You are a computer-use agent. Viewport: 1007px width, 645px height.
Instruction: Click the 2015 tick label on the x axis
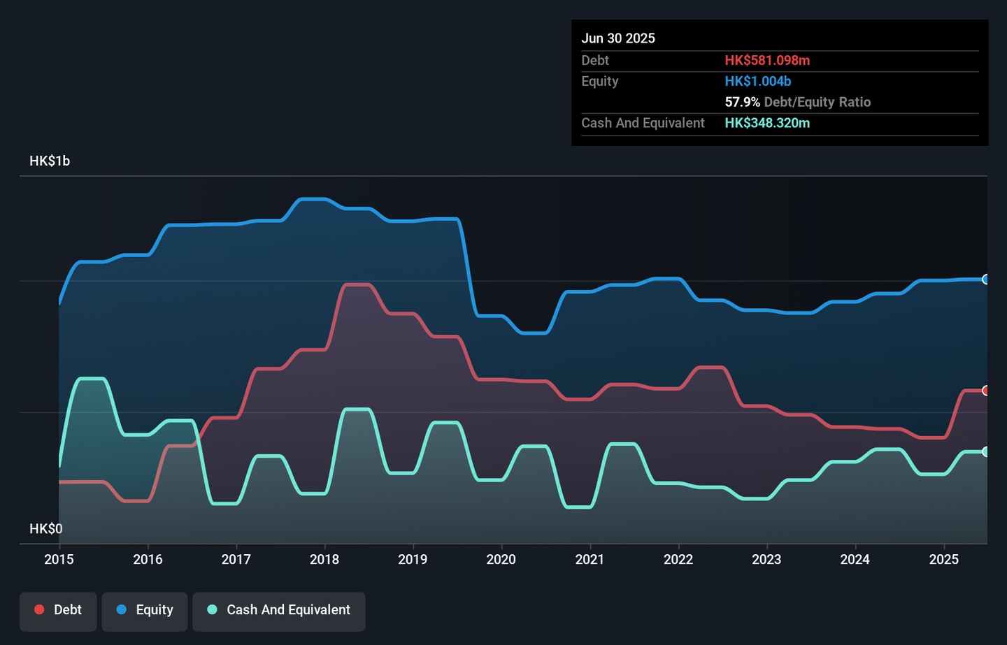click(x=59, y=559)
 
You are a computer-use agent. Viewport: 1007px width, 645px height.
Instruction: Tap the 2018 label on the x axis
click(x=324, y=559)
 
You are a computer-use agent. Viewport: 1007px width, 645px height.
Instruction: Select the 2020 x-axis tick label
click(x=501, y=559)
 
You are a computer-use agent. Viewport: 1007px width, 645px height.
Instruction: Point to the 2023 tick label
click(x=766, y=559)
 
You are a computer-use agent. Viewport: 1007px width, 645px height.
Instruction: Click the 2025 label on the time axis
click(x=943, y=559)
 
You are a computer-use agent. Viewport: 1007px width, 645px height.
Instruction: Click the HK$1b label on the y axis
click(x=50, y=161)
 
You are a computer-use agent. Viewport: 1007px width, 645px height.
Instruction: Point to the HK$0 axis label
click(x=45, y=529)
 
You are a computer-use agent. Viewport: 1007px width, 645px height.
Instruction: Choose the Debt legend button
click(x=58, y=610)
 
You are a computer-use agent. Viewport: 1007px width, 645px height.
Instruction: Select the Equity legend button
click(x=145, y=610)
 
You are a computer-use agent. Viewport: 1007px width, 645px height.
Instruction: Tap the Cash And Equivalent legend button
click(x=279, y=610)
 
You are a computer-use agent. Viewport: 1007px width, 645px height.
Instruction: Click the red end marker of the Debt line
click(x=986, y=391)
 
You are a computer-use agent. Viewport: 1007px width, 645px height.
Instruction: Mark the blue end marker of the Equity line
click(x=986, y=280)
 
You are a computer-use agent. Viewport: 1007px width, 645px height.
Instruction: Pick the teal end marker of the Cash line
click(x=986, y=452)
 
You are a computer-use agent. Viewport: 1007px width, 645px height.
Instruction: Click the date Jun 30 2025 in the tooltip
click(x=618, y=38)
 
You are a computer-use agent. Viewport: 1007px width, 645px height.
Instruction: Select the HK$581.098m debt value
click(x=767, y=61)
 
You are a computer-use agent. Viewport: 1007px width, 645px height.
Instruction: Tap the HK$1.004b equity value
click(x=758, y=81)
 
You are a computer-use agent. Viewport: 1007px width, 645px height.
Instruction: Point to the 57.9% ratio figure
click(x=742, y=102)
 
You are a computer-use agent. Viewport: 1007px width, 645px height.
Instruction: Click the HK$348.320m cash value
click(x=767, y=123)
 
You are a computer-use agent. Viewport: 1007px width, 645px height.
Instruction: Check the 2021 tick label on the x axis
click(x=590, y=559)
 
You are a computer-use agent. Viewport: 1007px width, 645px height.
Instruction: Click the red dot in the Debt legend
click(x=40, y=609)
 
